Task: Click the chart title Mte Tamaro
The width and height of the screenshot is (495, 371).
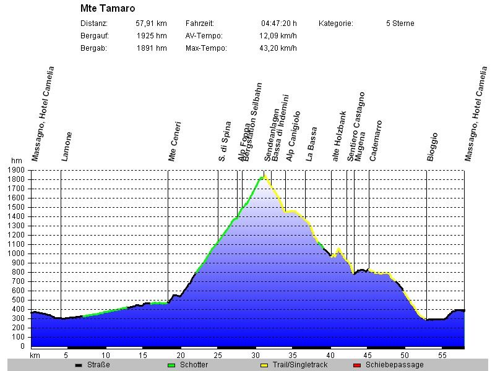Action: point(108,9)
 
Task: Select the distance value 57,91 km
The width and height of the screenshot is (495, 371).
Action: point(151,23)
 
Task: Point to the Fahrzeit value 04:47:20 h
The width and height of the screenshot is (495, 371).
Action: point(278,23)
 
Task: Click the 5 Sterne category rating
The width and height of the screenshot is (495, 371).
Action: point(400,23)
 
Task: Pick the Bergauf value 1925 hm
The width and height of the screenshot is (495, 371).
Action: point(152,36)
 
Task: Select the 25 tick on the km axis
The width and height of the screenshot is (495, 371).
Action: point(218,356)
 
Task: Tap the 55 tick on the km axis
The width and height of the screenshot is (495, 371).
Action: point(442,356)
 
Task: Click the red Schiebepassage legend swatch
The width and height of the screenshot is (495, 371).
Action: point(356,365)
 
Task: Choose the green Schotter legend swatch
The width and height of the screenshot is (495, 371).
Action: point(171,365)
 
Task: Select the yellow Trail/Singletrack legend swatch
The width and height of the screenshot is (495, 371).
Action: point(264,365)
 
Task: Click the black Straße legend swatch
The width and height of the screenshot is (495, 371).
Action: point(78,365)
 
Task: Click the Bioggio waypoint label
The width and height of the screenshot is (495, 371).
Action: point(433,147)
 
